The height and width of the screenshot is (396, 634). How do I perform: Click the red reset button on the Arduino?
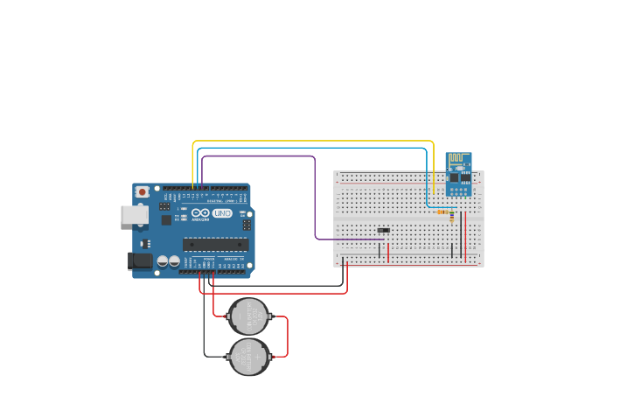142,191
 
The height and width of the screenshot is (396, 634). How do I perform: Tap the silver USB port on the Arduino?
133,214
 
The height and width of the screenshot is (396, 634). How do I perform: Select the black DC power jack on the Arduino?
140,261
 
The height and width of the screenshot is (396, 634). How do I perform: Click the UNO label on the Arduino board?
222,213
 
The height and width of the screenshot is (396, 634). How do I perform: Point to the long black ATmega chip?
214,245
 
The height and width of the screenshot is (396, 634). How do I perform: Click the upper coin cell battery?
248,316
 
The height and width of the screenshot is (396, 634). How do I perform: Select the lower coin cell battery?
249,357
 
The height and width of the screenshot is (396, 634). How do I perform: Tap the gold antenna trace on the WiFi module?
458,160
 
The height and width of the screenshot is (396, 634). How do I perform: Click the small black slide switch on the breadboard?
383,231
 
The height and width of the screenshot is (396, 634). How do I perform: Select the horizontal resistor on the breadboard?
443,212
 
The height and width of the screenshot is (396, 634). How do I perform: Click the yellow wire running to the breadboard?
315,141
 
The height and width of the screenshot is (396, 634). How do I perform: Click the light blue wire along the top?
315,149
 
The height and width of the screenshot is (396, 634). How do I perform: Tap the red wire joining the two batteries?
287,337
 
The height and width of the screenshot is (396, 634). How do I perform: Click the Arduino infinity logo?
200,213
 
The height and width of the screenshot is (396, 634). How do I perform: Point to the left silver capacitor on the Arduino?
163,261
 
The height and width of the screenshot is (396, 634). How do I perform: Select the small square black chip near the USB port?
166,220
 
